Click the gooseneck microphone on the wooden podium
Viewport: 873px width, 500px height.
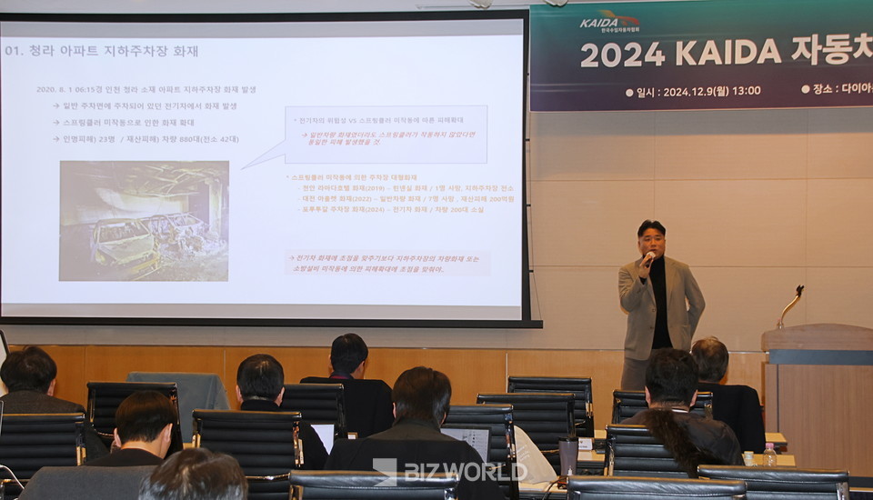(789, 307)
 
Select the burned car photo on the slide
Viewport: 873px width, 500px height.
(144, 221)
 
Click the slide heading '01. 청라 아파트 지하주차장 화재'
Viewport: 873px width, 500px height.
(101, 51)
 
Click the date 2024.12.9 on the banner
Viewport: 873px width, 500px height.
(687, 91)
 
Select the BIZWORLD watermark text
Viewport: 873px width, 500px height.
(464, 471)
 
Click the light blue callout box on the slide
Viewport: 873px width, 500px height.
(386, 135)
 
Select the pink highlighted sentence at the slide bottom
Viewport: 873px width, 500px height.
(387, 263)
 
